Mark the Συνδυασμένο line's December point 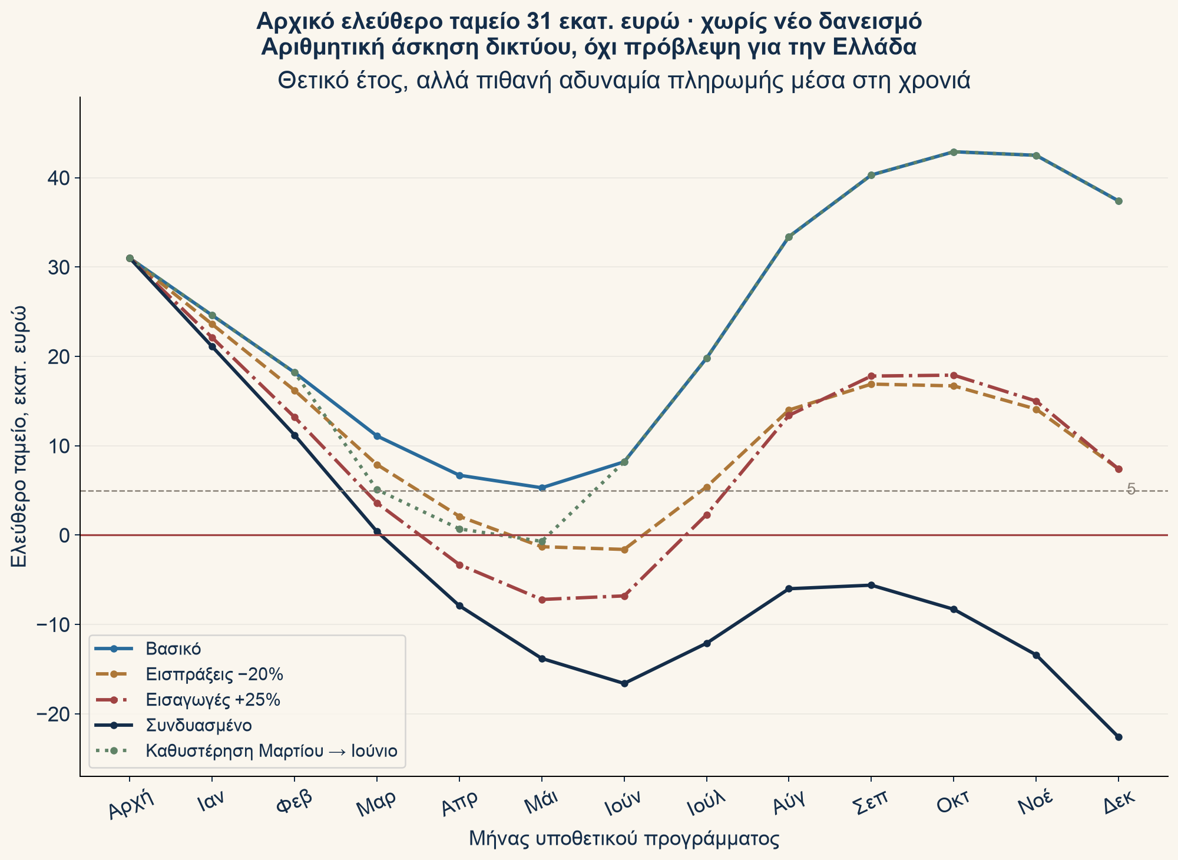[1119, 737]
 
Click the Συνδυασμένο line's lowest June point [624, 683]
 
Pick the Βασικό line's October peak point [954, 152]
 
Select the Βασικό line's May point [542, 488]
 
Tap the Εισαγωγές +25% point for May [542, 600]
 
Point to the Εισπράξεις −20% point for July [707, 487]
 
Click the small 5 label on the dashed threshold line [1130, 489]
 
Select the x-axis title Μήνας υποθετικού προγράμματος [624, 839]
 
